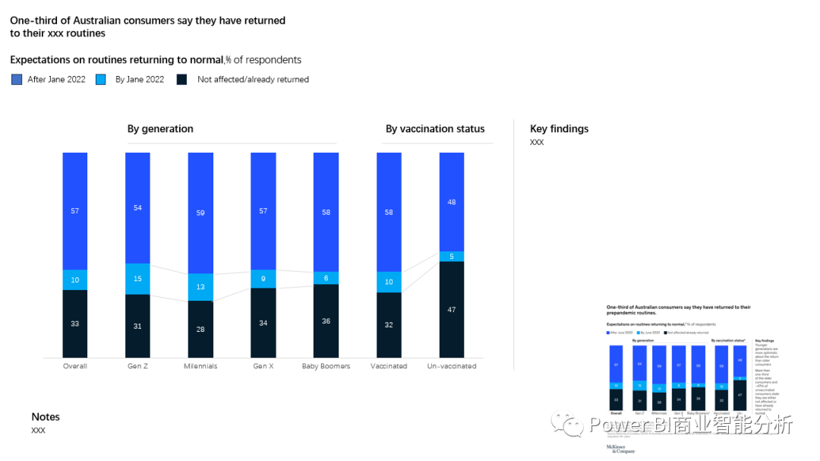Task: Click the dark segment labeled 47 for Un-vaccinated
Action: [x=452, y=309]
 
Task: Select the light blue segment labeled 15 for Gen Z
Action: [x=137, y=279]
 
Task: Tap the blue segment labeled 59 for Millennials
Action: [x=200, y=213]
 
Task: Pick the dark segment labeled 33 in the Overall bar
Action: [x=74, y=324]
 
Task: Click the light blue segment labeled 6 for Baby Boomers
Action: [x=326, y=278]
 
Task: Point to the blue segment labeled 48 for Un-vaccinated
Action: [x=452, y=202]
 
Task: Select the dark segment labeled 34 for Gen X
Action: [x=263, y=323]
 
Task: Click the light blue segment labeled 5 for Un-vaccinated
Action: [x=452, y=256]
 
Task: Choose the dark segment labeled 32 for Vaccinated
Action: [x=389, y=325]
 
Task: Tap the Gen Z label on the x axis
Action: [x=137, y=366]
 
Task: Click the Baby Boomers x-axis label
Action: [x=326, y=366]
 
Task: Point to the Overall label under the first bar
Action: [x=74, y=366]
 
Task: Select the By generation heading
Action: [x=160, y=129]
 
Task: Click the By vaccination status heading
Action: [x=435, y=129]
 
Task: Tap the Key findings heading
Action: [x=559, y=129]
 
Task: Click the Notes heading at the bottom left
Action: [x=46, y=417]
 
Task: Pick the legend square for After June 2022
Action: [x=17, y=79]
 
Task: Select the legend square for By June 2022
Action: [x=101, y=79]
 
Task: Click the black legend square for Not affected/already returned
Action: [x=181, y=79]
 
